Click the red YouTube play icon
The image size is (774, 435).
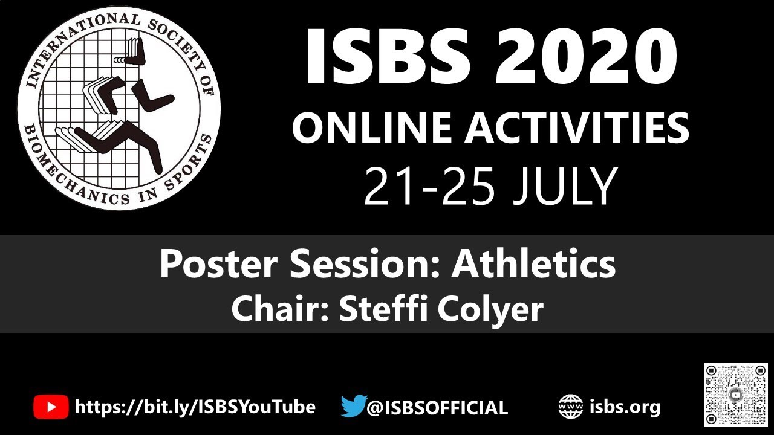(51, 407)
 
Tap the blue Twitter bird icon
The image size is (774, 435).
(353, 406)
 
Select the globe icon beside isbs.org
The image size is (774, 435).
(570, 407)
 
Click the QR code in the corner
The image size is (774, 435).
(735, 395)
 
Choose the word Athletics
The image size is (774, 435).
(533, 264)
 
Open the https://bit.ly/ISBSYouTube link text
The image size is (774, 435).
(195, 407)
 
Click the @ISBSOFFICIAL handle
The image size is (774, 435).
(437, 407)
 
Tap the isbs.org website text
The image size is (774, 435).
(625, 407)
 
